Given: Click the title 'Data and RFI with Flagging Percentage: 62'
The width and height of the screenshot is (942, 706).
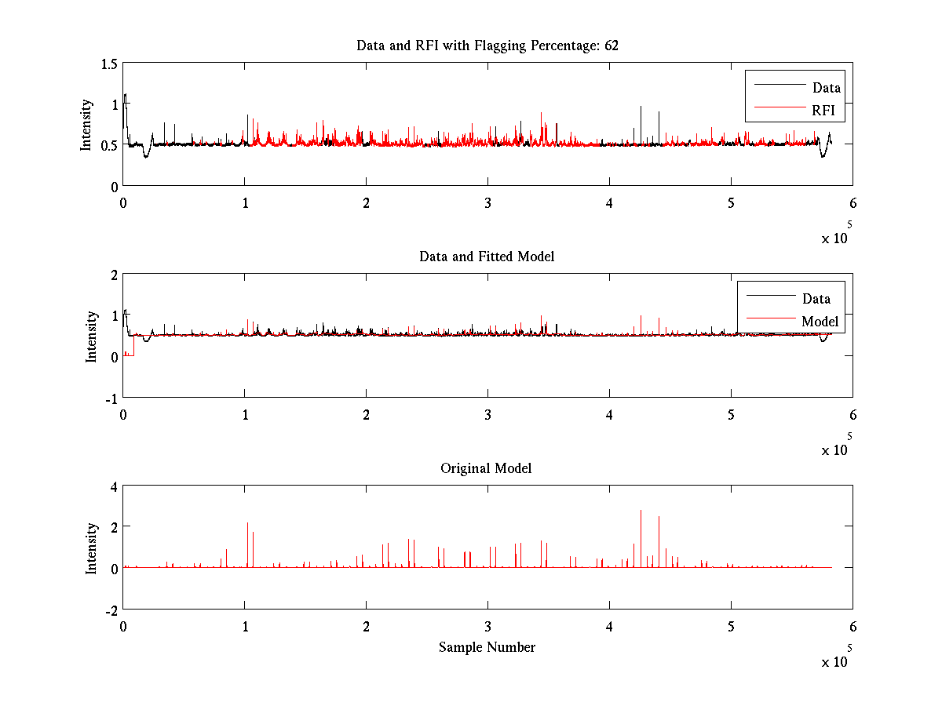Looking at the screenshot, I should (x=487, y=45).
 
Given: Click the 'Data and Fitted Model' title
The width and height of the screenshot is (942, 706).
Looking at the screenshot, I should (x=487, y=257).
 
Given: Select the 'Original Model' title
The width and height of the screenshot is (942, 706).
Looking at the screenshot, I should (x=486, y=468).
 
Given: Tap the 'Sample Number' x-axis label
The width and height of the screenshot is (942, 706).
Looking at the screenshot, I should (x=487, y=647).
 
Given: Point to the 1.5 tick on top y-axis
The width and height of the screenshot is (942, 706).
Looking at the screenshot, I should (x=108, y=64).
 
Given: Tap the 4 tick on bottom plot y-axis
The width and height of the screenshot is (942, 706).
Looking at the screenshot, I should (x=113, y=486).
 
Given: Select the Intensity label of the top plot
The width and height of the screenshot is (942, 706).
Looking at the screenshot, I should (x=86, y=124).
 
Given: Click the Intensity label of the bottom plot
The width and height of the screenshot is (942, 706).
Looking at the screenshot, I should (x=92, y=548).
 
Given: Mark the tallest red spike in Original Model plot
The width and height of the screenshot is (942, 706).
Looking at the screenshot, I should (x=641, y=511).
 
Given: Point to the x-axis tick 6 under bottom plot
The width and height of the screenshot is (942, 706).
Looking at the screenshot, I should (x=853, y=627).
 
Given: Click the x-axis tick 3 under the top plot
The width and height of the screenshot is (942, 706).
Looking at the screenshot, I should (x=487, y=202).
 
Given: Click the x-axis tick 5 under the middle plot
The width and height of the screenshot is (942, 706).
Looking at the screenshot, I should (x=731, y=414).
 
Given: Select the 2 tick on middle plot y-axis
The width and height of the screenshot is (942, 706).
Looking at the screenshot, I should (x=113, y=275).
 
